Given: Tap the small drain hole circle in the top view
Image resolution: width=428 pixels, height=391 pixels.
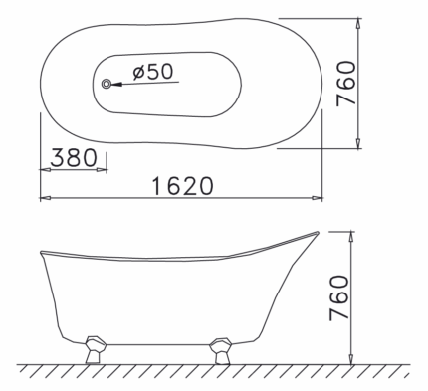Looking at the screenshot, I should pos(107,85).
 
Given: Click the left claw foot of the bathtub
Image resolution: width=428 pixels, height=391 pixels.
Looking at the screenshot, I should pos(96,347).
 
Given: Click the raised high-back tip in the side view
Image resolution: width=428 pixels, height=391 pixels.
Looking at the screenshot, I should pos(317,234).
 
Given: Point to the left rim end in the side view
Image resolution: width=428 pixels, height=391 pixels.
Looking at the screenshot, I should pos(43,249).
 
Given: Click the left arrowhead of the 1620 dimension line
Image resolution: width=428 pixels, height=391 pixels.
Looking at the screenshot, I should pos(43,197).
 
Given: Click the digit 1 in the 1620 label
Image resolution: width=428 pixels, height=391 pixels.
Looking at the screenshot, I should pos(158,185).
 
